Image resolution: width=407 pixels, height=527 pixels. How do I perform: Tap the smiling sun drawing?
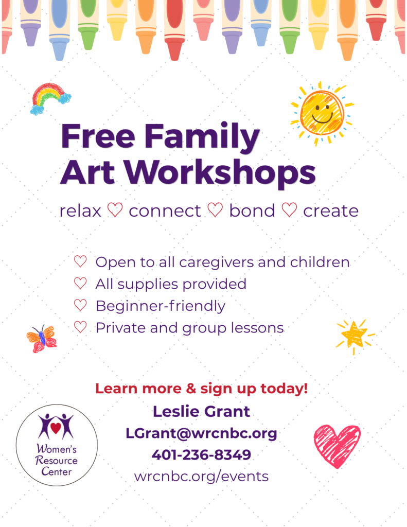322,113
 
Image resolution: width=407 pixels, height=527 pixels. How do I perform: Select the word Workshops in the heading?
220,173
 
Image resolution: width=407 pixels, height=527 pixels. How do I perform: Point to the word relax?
80,211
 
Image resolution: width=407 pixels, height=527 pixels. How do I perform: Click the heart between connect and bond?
215,210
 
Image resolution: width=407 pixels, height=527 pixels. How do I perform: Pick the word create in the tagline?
331,211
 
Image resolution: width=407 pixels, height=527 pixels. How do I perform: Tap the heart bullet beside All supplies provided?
80,284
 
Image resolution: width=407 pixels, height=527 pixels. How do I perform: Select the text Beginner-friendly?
161,306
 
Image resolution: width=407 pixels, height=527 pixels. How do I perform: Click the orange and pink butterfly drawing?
42,339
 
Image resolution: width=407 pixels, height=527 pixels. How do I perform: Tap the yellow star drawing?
355,336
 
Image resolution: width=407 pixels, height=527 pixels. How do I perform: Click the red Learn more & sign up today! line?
202,389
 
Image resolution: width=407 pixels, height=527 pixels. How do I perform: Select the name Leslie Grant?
201,411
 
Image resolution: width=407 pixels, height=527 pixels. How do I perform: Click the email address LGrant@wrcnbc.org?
201,433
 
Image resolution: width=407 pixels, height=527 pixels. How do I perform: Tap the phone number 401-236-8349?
201,455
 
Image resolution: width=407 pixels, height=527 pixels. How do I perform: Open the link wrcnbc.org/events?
201,477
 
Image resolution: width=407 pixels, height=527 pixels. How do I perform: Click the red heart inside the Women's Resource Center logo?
56,428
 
